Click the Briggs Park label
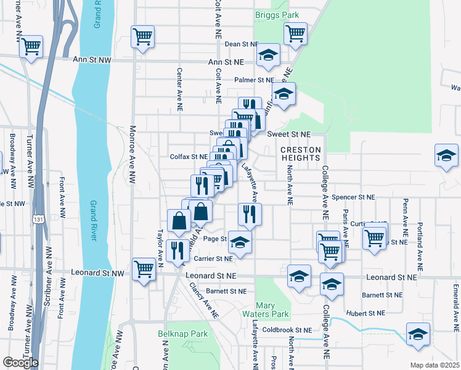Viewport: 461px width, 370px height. tap(272, 14)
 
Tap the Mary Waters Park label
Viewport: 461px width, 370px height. tap(272, 310)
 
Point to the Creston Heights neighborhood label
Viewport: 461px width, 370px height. tap(301, 154)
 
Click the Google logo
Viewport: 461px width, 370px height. tap(20, 363)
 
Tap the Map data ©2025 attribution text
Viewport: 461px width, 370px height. tap(434, 365)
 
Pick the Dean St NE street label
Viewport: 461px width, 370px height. tap(241, 44)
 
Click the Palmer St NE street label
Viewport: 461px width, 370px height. tap(253, 80)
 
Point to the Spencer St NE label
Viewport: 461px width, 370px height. tap(353, 197)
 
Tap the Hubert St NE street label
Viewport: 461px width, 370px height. tap(365, 313)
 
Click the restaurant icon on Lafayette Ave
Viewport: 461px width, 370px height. tap(250, 214)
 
